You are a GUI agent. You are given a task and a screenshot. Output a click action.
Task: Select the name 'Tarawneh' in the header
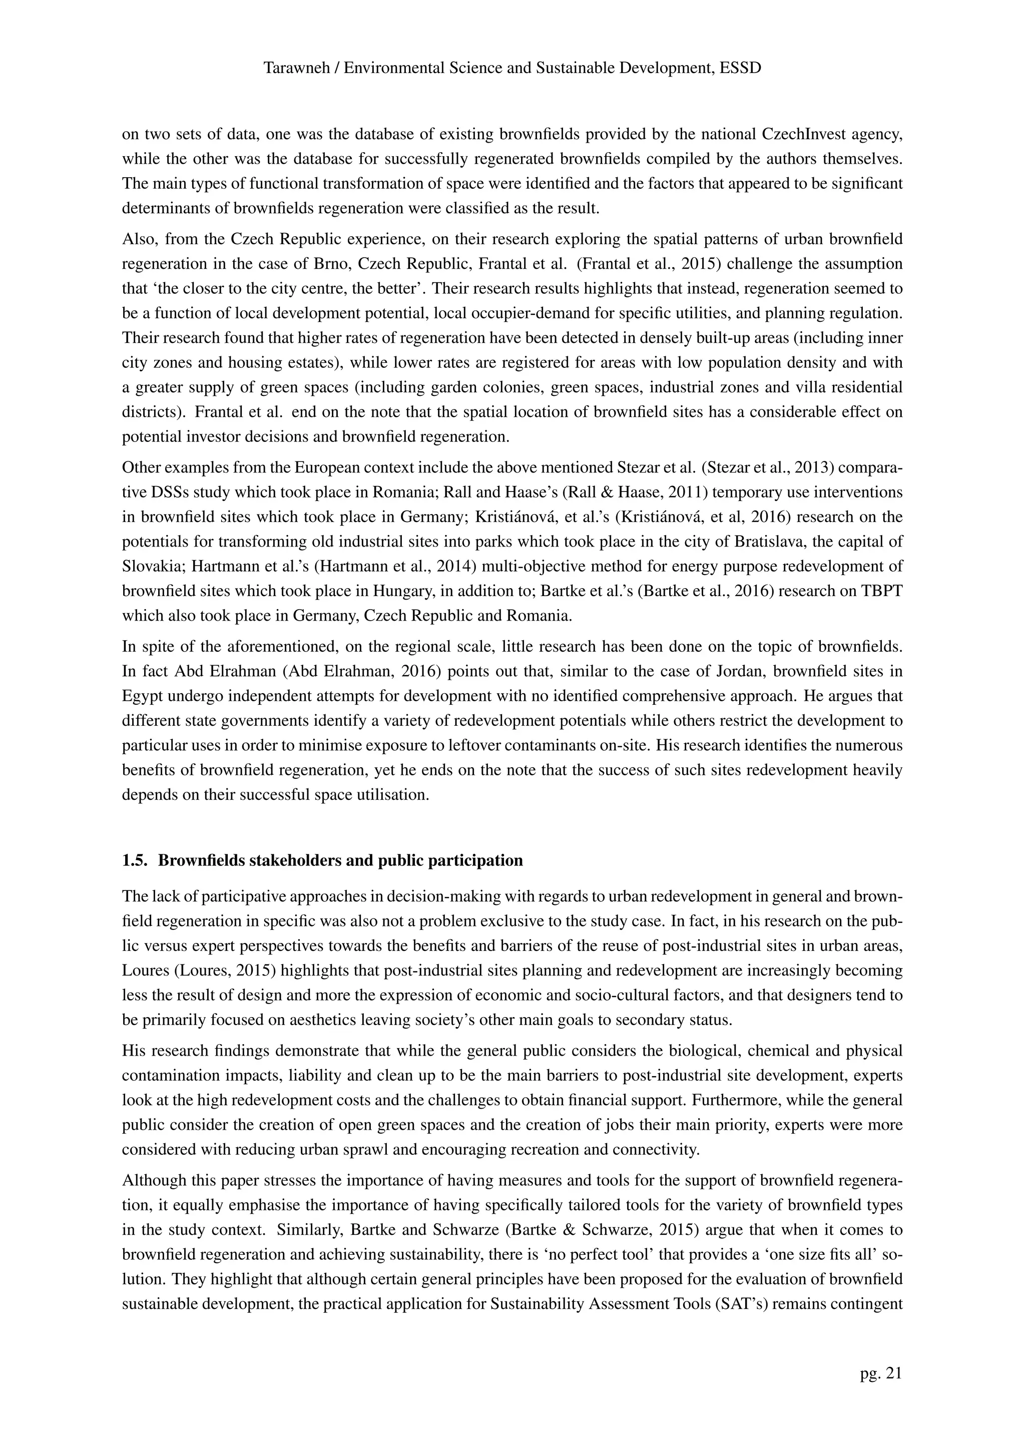coord(296,68)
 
